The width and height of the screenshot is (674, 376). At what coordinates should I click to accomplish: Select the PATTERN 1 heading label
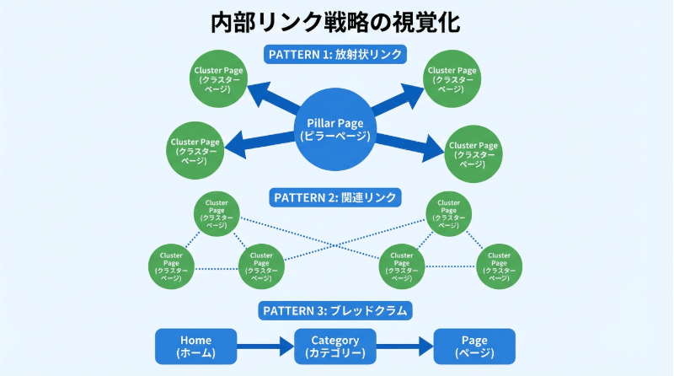(x=336, y=55)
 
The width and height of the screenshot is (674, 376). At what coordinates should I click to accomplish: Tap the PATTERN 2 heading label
(x=335, y=198)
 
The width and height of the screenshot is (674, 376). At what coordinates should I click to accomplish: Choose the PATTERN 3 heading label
(x=336, y=310)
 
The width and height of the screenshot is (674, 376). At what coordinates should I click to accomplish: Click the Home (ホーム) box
(x=196, y=346)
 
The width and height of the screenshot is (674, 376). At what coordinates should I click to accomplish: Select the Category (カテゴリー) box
(x=334, y=346)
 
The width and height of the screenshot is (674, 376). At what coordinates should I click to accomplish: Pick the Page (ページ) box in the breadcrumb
(x=473, y=346)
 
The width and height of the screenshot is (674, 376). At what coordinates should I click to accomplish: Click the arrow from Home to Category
(x=265, y=346)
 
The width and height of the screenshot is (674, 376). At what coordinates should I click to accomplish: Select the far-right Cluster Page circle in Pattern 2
(x=499, y=266)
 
